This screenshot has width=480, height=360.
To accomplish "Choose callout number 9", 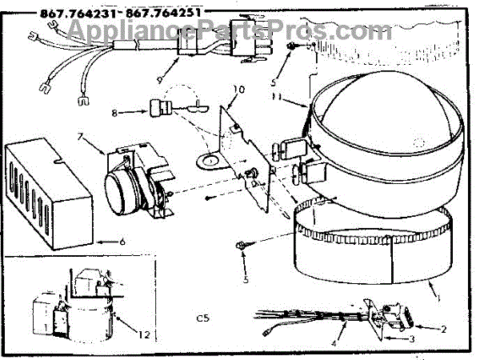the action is tap(160, 80).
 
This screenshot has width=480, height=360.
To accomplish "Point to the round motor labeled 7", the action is tap(125, 189).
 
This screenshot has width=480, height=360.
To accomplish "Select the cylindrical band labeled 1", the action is tap(360, 244).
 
